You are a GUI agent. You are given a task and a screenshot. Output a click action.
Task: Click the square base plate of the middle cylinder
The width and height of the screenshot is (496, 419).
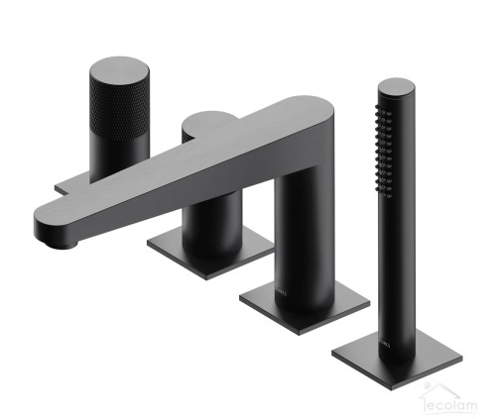[211, 251]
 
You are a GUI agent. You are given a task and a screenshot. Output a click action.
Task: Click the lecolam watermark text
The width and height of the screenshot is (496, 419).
[453, 403]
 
